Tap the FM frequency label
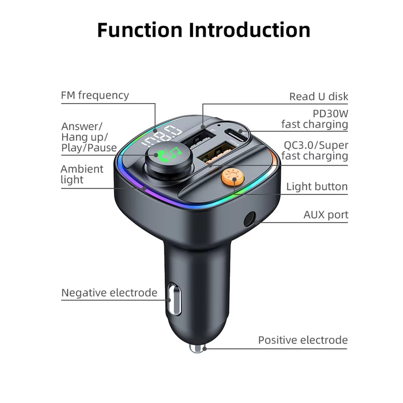[x=95, y=96]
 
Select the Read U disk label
[x=318, y=97]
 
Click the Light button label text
[x=317, y=187]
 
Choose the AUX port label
[x=326, y=215]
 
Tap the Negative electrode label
[x=109, y=293]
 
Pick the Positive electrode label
[x=303, y=340]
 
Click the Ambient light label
[x=82, y=174]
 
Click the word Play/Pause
[x=89, y=148]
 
